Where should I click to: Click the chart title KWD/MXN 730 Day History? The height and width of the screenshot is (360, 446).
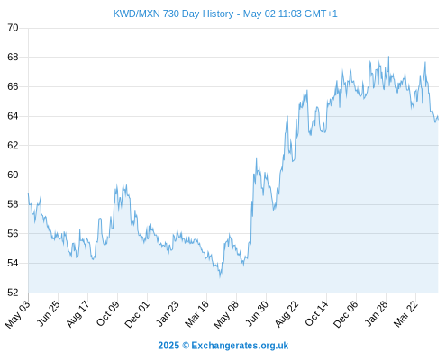[173, 13]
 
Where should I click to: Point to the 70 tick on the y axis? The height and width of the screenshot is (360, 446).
[13, 28]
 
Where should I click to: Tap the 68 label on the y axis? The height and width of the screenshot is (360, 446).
[13, 57]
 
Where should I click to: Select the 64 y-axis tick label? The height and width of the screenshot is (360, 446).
[13, 116]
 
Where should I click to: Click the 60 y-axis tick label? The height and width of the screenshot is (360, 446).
[13, 175]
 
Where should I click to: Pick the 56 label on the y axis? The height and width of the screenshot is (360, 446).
[13, 233]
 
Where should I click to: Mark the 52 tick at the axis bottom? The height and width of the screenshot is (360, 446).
[13, 292]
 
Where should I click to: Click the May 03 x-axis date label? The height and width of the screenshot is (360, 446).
[18, 314]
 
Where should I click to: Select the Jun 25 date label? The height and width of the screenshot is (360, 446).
[49, 313]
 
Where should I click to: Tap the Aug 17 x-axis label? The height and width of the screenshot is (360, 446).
[77, 313]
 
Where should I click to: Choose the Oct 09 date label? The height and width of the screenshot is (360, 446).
[108, 313]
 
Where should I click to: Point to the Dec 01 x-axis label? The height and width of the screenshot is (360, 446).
[137, 314]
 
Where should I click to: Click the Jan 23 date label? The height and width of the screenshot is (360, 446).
[168, 313]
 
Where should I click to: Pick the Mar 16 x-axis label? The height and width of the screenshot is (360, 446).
[196, 314]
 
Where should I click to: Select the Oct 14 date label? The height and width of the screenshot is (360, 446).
[316, 313]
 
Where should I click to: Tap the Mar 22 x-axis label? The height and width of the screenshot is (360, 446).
[405, 313]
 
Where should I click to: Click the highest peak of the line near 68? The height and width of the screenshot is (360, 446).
[388, 57]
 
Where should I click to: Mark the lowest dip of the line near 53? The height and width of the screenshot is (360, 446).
[220, 276]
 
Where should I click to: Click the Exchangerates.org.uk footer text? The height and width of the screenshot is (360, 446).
[240, 346]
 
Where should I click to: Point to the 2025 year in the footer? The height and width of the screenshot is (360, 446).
[168, 346]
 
